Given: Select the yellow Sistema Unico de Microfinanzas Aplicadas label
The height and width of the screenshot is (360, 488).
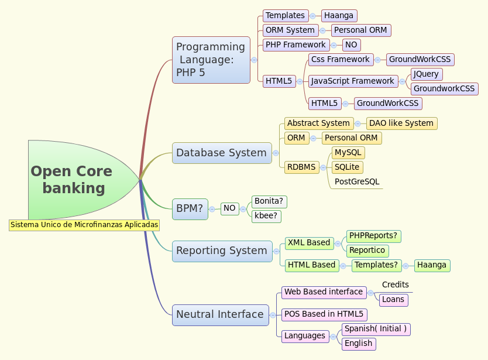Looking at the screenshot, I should pyautogui.click(x=84, y=225).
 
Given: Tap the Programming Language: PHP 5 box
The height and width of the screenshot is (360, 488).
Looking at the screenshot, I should pyautogui.click(x=211, y=60).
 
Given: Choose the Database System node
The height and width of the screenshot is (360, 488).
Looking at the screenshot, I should pyautogui.click(x=222, y=153).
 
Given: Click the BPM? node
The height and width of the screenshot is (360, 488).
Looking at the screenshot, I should pyautogui.click(x=190, y=208).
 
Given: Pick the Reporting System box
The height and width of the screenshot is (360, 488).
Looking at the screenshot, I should pyautogui.click(x=222, y=251).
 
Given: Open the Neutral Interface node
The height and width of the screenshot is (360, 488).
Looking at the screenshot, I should pyautogui.click(x=220, y=314).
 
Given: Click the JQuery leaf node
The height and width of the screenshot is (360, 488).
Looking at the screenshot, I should pyautogui.click(x=426, y=74).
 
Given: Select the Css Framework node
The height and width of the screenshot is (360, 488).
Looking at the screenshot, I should pyautogui.click(x=341, y=60).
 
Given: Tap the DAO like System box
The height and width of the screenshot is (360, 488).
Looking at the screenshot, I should pyautogui.click(x=401, y=124).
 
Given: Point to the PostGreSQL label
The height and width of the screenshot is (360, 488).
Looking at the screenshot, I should pyautogui.click(x=356, y=182).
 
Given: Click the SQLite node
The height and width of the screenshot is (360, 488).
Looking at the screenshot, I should pyautogui.click(x=347, y=167).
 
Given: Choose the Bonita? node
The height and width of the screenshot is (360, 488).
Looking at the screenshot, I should pyautogui.click(x=269, y=201).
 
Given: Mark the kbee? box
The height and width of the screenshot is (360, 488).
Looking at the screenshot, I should pyautogui.click(x=266, y=216).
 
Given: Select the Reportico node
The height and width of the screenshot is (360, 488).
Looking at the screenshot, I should pyautogui.click(x=367, y=251).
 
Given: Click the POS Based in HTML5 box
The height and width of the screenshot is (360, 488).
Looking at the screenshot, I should pyautogui.click(x=324, y=314).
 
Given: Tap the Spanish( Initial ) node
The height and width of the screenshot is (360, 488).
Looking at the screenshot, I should pyautogui.click(x=375, y=329).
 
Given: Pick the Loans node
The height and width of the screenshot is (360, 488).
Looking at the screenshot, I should pyautogui.click(x=393, y=300).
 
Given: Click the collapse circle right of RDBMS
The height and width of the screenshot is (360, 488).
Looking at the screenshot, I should pyautogui.click(x=324, y=167).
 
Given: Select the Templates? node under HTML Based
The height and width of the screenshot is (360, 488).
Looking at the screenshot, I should pyautogui.click(x=376, y=265).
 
